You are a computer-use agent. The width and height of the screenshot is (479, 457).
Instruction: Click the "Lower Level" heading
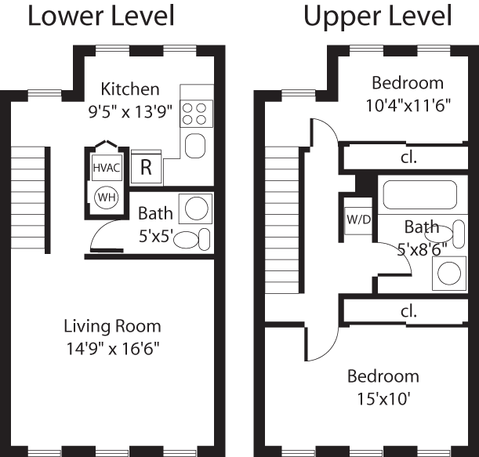click(x=101, y=16)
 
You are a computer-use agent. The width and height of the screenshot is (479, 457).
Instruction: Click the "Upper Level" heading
click(x=378, y=16)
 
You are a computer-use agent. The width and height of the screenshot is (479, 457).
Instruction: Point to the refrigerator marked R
click(x=145, y=166)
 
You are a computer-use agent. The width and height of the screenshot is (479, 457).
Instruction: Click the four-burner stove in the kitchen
click(x=195, y=114)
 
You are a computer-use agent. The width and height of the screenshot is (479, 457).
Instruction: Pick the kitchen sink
click(x=195, y=146)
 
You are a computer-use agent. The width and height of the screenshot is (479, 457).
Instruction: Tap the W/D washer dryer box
click(x=358, y=219)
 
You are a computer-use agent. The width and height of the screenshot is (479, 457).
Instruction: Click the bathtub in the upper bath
click(x=419, y=194)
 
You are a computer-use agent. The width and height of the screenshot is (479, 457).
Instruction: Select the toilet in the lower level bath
click(x=193, y=238)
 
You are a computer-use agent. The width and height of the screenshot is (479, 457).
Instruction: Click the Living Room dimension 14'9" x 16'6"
click(x=112, y=346)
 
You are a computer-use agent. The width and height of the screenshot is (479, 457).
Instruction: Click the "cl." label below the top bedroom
click(x=408, y=157)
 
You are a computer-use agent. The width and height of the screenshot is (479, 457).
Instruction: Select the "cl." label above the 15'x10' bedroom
click(x=408, y=310)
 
